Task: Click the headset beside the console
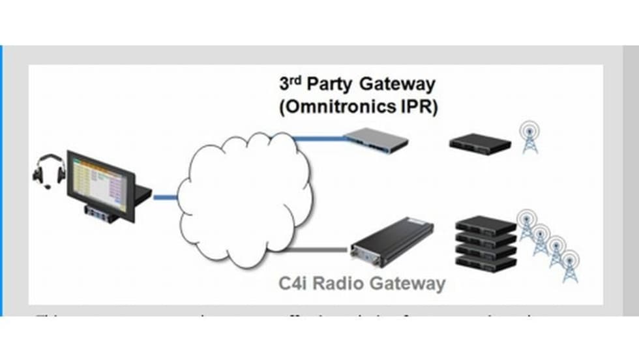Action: coord(50,172)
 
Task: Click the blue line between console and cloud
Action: coord(165,196)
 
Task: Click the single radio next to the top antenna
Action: coord(480,143)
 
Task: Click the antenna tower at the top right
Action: coord(529,138)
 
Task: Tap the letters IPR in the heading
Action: coord(417,106)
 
